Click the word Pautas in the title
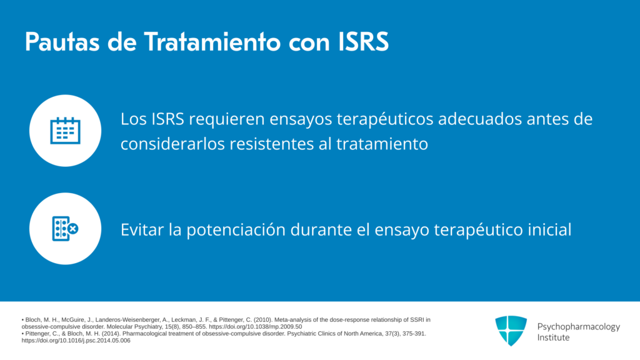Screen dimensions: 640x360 62,42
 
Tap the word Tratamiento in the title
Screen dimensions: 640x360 212,42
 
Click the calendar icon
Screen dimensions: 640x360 65,131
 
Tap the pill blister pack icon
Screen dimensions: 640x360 65,229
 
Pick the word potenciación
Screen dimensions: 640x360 236,230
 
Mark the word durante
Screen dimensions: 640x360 321,229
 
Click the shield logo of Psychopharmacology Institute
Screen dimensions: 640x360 511,331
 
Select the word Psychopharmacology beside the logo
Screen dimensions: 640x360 578,327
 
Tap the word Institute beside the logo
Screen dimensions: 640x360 553,337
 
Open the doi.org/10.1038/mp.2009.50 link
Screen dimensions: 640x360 256,326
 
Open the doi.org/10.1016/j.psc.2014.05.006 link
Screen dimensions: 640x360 76,341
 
